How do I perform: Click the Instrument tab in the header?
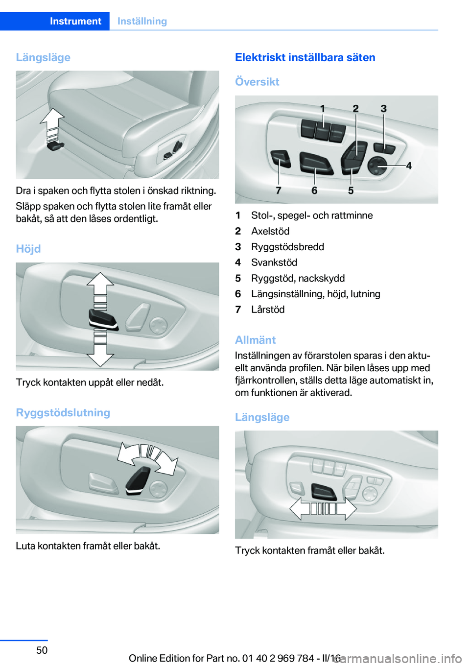(75, 21)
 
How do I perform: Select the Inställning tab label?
(142, 21)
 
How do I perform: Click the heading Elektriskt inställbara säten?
(305, 57)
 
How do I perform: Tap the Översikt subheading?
(257, 82)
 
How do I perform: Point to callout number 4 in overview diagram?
(409, 166)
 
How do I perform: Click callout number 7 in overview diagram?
(279, 191)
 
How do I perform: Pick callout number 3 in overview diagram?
(384, 109)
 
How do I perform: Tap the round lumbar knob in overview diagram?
(377, 166)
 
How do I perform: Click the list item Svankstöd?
(274, 262)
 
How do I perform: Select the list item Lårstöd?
(268, 310)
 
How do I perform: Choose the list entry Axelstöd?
(270, 231)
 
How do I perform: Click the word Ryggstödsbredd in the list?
(287, 247)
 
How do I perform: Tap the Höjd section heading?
(28, 249)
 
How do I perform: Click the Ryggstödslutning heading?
(63, 412)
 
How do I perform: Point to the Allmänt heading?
(256, 340)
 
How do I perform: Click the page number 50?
(42, 650)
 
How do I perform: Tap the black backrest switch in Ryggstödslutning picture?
(138, 480)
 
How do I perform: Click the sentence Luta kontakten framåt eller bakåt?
(88, 546)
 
